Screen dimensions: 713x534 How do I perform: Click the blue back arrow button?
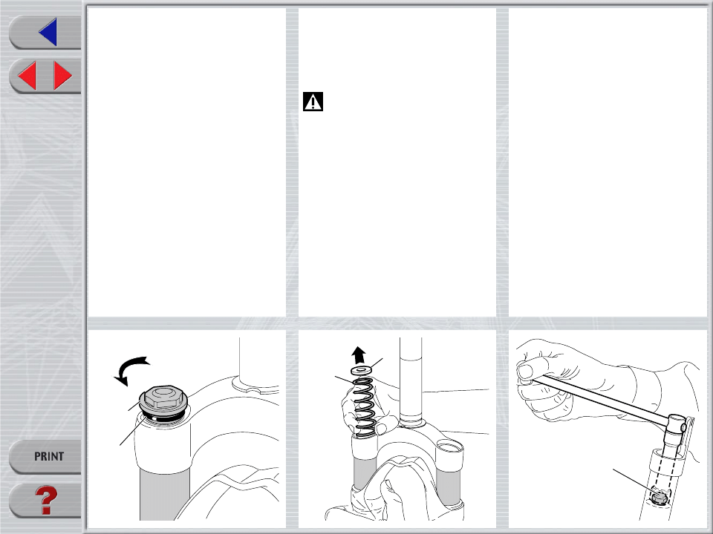pos(49,32)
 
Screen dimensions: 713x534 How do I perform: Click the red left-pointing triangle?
pos(28,76)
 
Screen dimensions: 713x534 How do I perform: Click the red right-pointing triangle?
pos(62,76)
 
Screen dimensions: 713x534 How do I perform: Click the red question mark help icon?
pos(46,501)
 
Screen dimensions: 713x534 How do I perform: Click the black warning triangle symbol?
pos(313,102)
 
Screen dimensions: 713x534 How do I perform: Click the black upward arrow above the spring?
pos(359,355)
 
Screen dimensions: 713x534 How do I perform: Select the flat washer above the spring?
pos(362,370)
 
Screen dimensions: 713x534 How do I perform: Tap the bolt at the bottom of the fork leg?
pos(659,496)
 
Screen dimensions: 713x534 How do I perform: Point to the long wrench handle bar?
pos(600,400)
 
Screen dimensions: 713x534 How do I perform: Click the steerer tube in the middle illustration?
pos(411,381)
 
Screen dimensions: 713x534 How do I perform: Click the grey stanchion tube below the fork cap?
pos(164,495)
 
